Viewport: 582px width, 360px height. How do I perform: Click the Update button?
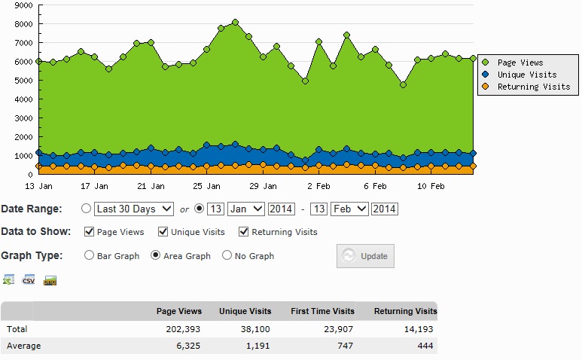365,256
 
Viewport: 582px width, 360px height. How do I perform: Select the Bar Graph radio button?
90,255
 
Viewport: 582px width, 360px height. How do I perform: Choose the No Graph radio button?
227,255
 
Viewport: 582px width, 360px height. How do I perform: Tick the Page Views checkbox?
90,232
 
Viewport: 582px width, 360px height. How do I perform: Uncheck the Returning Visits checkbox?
243,232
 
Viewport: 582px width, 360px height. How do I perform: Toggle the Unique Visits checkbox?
163,232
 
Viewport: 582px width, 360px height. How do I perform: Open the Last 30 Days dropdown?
134,209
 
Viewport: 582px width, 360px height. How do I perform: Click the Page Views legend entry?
520,63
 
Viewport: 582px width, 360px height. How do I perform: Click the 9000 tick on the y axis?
23,5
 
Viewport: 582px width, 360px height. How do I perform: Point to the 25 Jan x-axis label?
207,185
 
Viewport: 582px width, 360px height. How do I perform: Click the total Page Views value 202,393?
183,329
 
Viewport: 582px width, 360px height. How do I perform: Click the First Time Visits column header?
322,311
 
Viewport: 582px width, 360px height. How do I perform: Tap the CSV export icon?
29,280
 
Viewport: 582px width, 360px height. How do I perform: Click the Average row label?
23,346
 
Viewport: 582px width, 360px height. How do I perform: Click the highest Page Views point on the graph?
235,22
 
